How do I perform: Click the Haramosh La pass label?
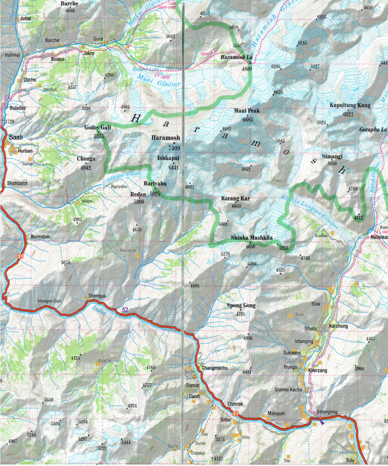click(236, 57)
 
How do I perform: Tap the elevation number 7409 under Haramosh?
click(174, 148)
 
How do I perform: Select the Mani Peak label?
click(247, 111)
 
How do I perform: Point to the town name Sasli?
click(16, 137)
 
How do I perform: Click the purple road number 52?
click(125, 310)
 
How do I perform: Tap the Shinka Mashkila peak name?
click(252, 238)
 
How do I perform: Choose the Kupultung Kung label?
click(350, 105)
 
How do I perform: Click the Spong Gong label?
click(241, 306)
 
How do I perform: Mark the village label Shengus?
click(97, 296)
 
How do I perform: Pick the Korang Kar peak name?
click(235, 199)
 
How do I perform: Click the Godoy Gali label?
click(98, 128)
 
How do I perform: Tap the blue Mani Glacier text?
click(159, 81)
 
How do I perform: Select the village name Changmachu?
click(214, 368)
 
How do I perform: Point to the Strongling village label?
click(327, 412)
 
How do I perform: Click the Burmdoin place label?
click(40, 237)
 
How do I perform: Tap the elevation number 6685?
click(248, 120)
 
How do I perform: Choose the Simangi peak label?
click(332, 157)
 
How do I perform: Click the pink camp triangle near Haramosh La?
click(213, 51)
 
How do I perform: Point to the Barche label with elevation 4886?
click(69, 4)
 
